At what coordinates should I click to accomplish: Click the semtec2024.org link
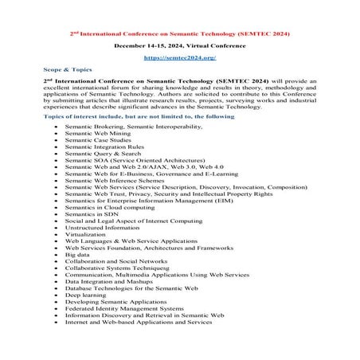pos(179,58)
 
